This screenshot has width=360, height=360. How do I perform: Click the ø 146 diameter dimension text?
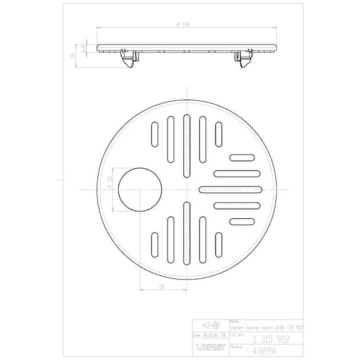click(x=184, y=24)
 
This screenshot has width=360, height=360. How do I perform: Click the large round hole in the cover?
click(x=138, y=190)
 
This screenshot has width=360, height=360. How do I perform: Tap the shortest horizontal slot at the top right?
click(x=240, y=158)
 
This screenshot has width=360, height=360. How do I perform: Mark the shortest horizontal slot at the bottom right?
click(x=240, y=222)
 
